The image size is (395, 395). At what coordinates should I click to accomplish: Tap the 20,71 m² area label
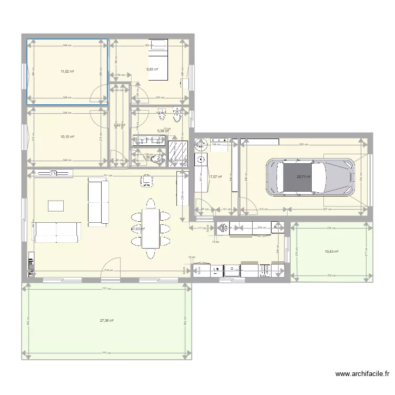(x=303, y=177)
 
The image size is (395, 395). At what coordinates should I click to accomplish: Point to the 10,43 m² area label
(x=331, y=252)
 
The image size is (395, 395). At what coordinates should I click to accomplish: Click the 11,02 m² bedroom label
(x=67, y=71)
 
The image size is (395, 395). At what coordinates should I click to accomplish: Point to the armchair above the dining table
(x=146, y=180)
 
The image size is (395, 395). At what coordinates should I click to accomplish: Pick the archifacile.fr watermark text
(x=363, y=374)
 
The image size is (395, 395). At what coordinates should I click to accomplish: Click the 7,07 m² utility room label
(x=216, y=177)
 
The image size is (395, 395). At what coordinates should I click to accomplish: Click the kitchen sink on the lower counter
(x=232, y=270)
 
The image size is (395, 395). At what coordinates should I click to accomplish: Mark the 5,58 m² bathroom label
(x=163, y=132)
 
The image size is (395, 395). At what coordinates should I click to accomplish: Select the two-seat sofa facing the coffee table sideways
(x=97, y=201)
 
